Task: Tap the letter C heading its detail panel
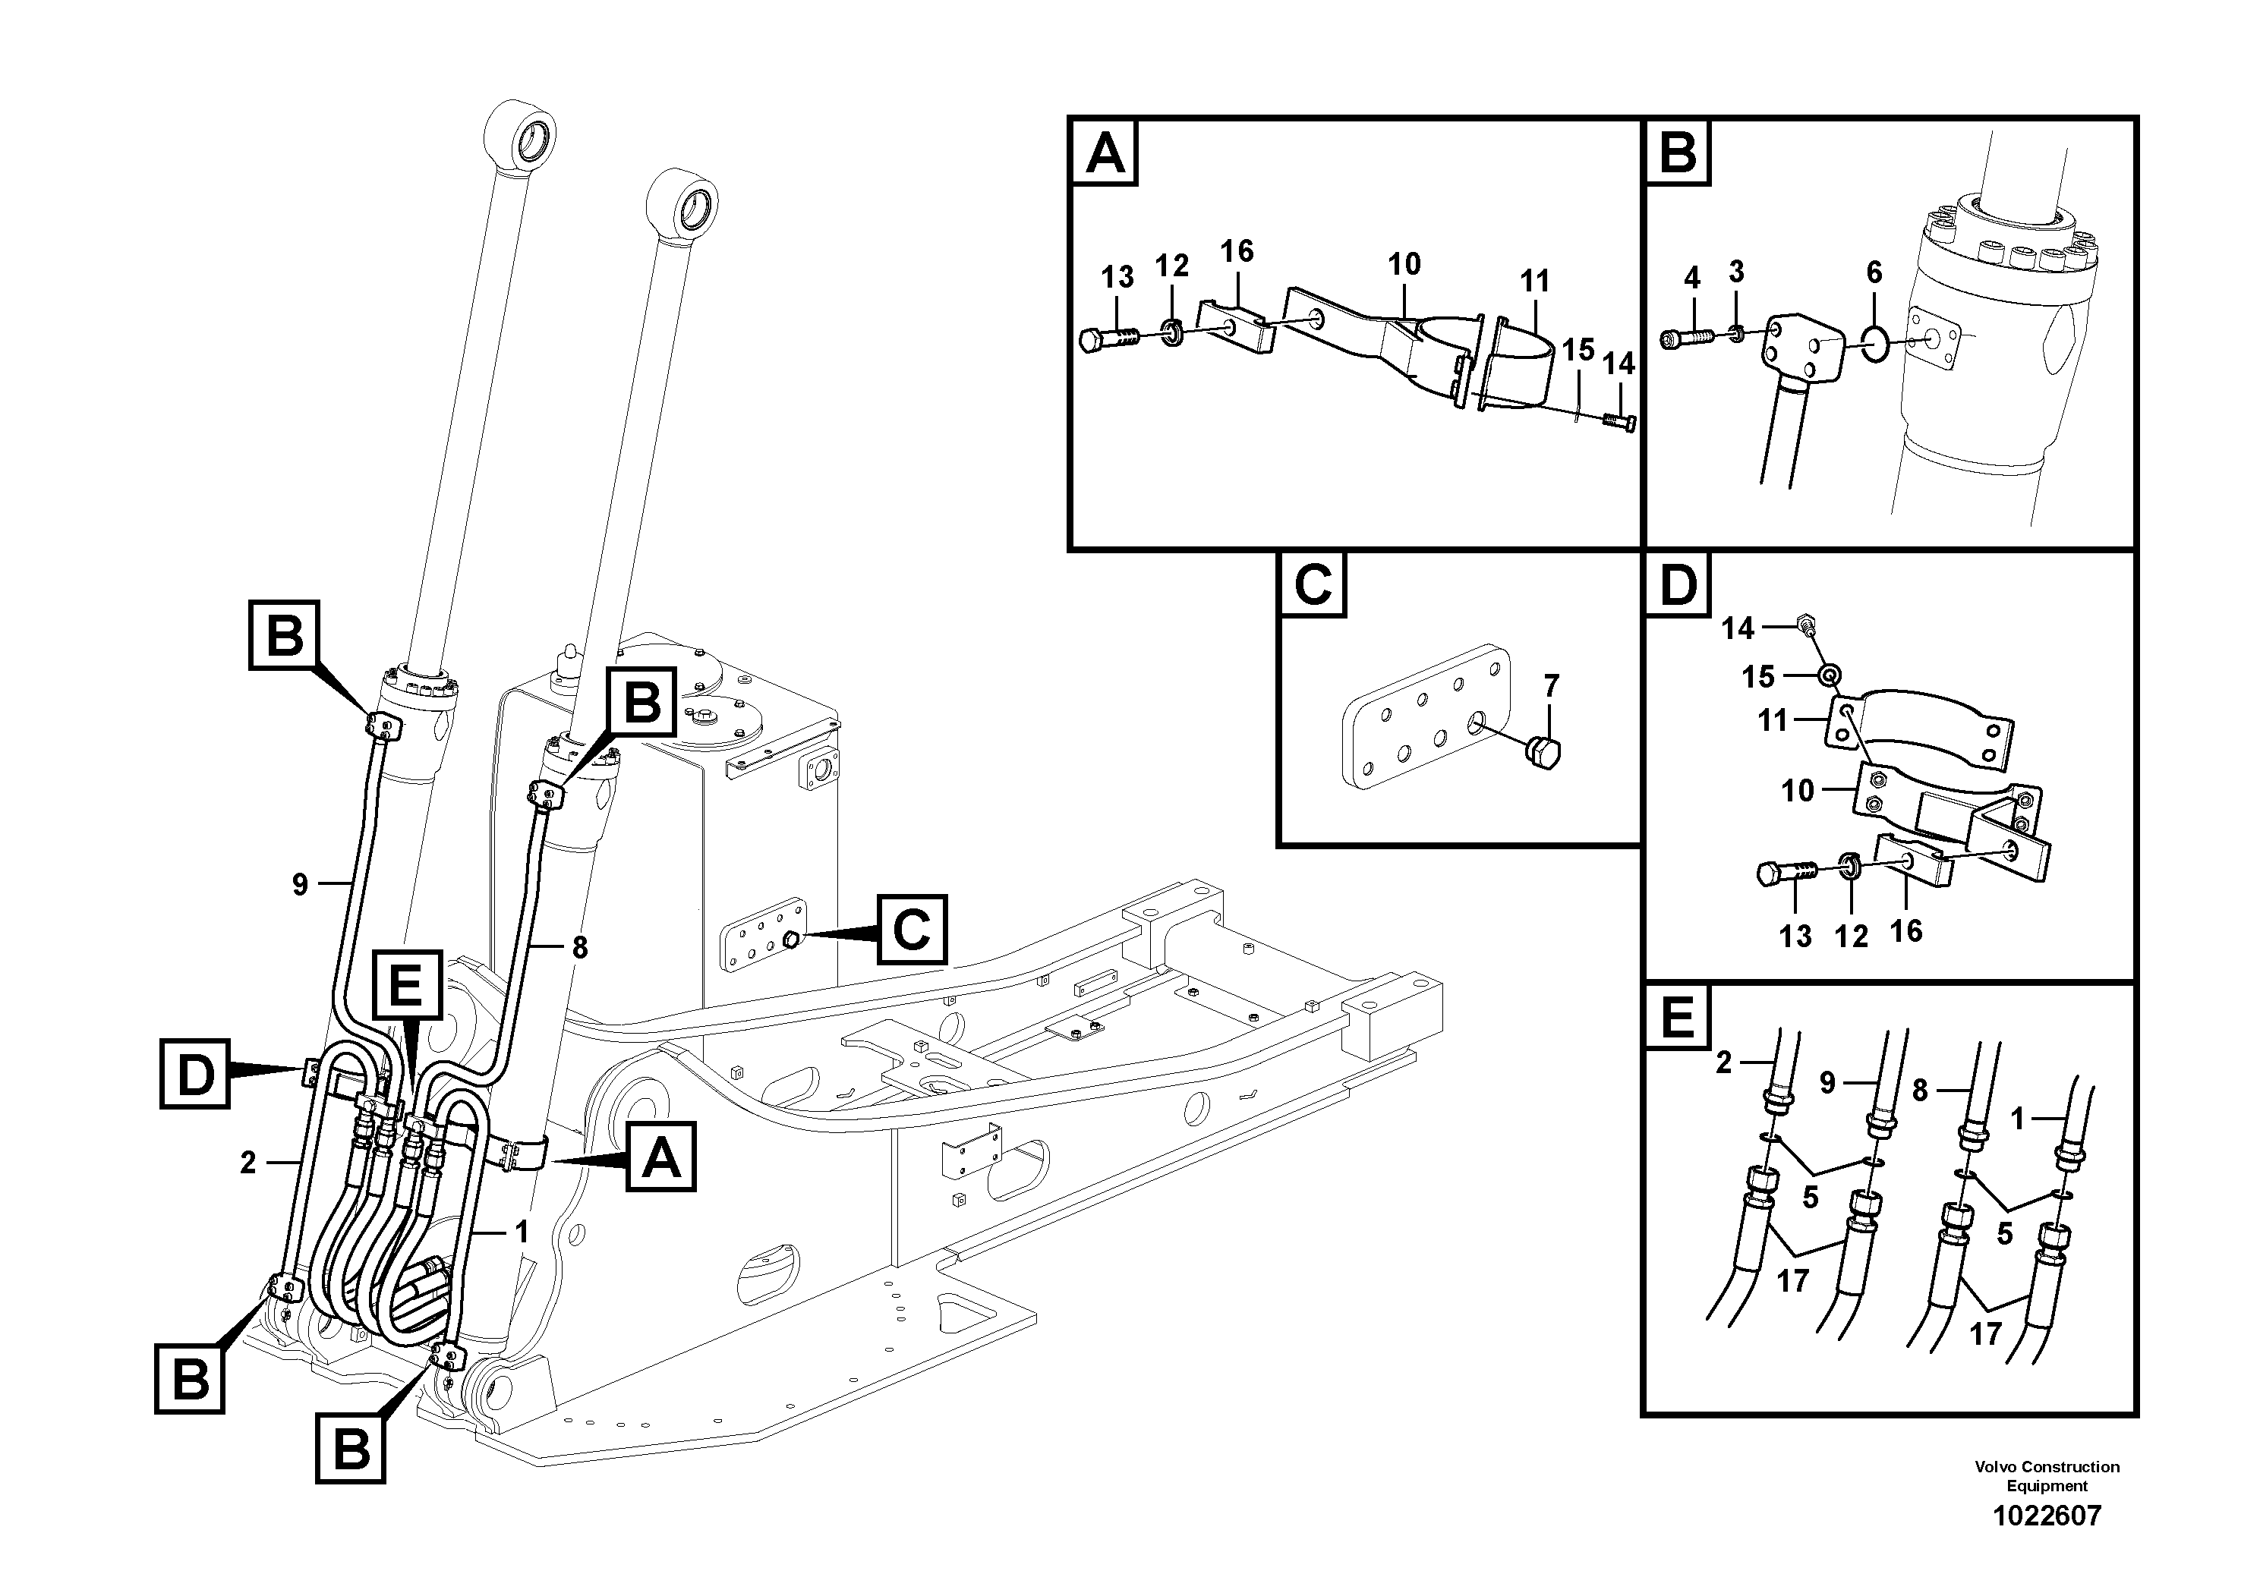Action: point(1312,584)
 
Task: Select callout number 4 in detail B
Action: point(1691,279)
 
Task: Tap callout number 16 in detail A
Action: point(1237,251)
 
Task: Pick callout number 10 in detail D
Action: point(1798,790)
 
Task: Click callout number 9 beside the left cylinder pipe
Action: point(300,885)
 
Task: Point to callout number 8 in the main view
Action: point(580,948)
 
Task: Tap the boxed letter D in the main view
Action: point(195,1075)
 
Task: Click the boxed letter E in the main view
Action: point(406,987)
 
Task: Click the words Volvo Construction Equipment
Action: point(2047,1476)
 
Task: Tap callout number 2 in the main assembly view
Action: point(248,1163)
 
